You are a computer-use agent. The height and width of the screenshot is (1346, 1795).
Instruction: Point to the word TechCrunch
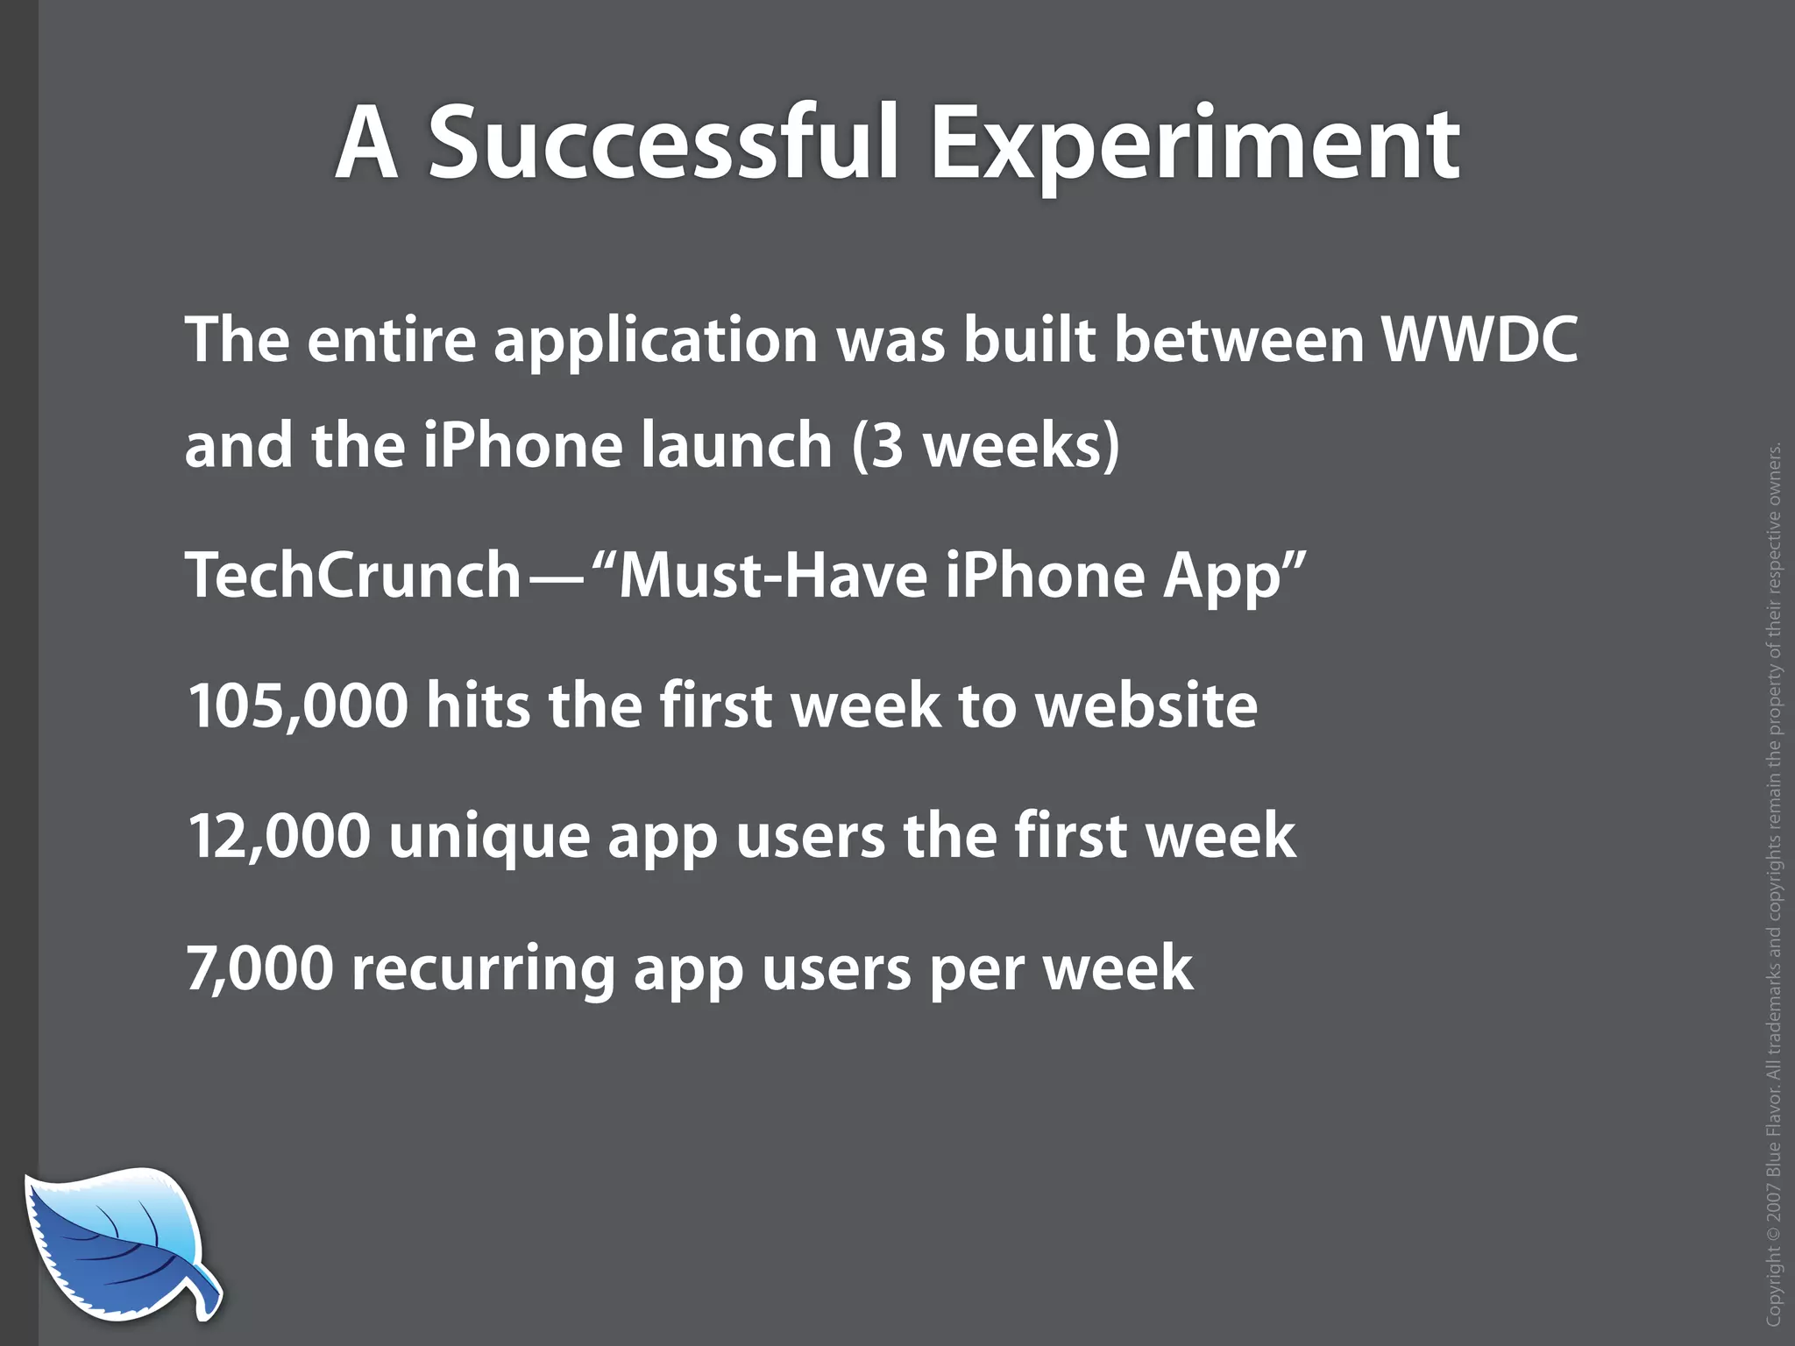pyautogui.click(x=353, y=576)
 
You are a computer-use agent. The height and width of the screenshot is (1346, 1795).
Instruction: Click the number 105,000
pyautogui.click(x=298, y=705)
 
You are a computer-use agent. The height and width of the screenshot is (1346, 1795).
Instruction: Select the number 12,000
pyautogui.click(x=279, y=836)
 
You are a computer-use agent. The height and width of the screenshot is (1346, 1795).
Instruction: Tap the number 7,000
pyautogui.click(x=260, y=967)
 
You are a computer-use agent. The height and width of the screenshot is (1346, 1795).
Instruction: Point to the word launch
pyautogui.click(x=735, y=446)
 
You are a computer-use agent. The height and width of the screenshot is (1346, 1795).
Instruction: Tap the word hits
pyautogui.click(x=478, y=705)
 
